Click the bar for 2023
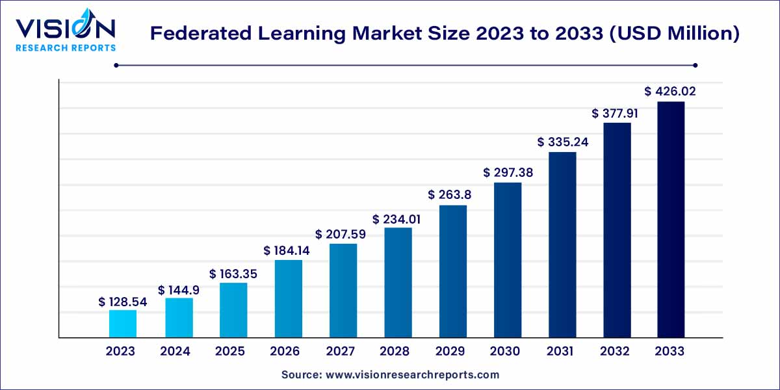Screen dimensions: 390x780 point(122,324)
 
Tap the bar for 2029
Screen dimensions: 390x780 point(452,272)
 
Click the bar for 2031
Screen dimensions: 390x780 point(562,245)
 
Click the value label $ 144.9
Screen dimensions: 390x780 point(178,290)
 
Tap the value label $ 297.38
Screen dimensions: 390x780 point(507,172)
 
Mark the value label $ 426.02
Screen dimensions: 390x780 point(670,92)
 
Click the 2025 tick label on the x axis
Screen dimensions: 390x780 point(230,352)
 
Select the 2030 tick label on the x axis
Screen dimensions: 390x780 point(505,352)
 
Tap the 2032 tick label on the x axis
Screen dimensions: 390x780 point(615,352)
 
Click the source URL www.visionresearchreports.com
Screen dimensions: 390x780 point(412,375)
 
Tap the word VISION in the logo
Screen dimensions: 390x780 point(65,29)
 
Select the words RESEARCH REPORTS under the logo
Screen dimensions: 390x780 point(66,47)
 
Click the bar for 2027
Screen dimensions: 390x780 point(343,291)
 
